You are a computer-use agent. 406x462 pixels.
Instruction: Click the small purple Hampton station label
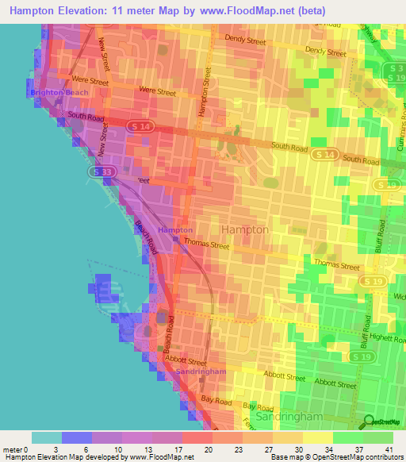coord(174,230)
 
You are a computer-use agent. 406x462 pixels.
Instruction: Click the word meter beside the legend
coord(11,449)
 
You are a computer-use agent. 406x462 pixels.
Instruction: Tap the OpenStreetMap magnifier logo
coord(367,421)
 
